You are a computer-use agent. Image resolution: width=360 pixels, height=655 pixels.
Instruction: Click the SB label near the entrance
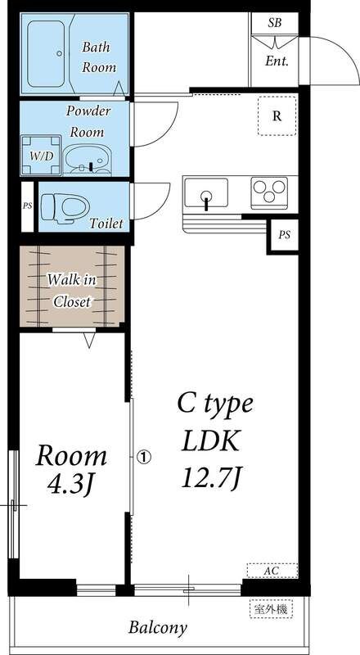click(x=274, y=23)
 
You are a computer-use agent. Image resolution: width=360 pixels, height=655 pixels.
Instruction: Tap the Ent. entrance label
click(x=277, y=61)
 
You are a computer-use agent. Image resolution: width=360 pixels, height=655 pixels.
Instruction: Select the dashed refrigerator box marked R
click(x=277, y=115)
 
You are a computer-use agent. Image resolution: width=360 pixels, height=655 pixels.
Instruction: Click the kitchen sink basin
click(x=206, y=193)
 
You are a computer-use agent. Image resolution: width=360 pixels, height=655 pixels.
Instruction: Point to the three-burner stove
click(x=269, y=192)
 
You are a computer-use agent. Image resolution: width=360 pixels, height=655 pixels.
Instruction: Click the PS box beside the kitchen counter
click(x=284, y=235)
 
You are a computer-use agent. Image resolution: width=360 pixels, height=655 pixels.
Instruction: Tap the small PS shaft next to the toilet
click(x=27, y=206)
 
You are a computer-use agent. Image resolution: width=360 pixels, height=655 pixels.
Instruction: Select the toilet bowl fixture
click(x=66, y=206)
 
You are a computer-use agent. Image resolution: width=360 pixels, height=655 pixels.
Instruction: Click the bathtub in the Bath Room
click(x=46, y=54)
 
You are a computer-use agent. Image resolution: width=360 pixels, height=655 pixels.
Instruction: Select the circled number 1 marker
click(x=143, y=458)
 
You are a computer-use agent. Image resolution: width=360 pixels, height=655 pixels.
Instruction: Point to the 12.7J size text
click(x=212, y=478)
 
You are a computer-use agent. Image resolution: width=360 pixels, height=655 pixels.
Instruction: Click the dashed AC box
click(x=272, y=571)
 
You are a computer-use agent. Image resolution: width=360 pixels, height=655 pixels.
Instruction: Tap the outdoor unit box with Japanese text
click(x=272, y=608)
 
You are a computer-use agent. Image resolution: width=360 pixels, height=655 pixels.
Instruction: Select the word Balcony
click(x=158, y=628)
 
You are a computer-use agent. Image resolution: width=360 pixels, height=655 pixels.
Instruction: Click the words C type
click(x=215, y=404)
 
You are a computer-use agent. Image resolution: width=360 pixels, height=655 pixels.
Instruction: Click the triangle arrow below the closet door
click(x=89, y=340)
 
